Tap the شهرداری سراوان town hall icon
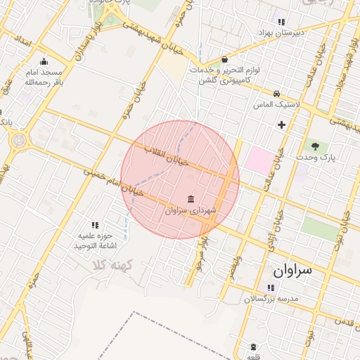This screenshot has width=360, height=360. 191,198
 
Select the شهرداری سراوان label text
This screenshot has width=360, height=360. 192,210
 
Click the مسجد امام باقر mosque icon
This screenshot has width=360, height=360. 44,61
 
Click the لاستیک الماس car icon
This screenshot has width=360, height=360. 277,94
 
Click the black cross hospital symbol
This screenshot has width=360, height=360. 282,125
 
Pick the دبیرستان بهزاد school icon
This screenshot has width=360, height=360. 281,22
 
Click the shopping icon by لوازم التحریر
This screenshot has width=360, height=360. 224,60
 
